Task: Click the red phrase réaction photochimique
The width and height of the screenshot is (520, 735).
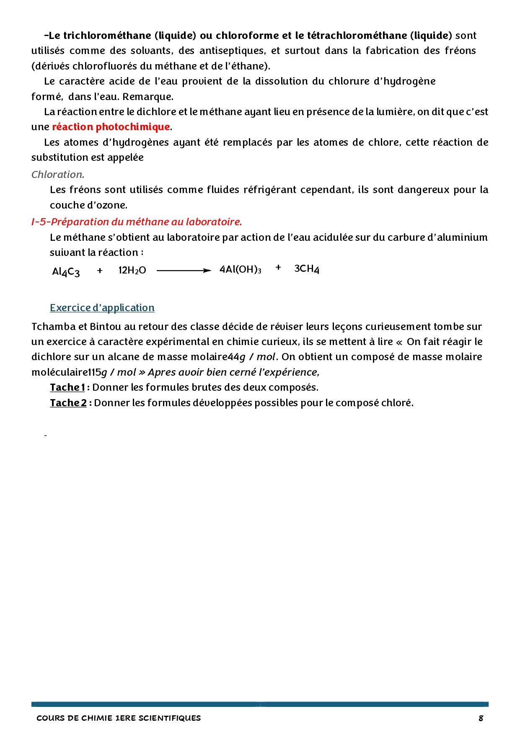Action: pyautogui.click(x=111, y=127)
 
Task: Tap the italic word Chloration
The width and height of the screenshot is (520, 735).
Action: pyautogui.click(x=58, y=175)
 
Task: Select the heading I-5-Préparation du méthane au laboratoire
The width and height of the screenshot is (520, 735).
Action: pyautogui.click(x=137, y=222)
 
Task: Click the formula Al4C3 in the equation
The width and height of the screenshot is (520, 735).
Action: pyautogui.click(x=66, y=272)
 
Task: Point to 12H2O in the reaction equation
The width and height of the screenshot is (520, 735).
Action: pyautogui.click(x=132, y=271)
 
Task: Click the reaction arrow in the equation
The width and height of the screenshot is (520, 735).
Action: pyautogui.click(x=184, y=271)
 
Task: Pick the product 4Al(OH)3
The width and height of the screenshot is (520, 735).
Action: pyautogui.click(x=241, y=269)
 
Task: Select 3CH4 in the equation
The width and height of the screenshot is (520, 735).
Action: pyautogui.click(x=307, y=269)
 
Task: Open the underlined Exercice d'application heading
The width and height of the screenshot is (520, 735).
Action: pyautogui.click(x=102, y=308)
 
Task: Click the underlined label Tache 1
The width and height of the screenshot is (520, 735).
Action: pyautogui.click(x=67, y=387)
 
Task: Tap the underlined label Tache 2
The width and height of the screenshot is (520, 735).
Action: pyautogui.click(x=68, y=403)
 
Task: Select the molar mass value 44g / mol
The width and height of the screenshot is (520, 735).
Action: pyautogui.click(x=251, y=357)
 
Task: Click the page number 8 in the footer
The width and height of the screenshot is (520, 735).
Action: pyautogui.click(x=481, y=718)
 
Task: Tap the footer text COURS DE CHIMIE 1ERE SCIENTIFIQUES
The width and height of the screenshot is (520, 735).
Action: pyautogui.click(x=119, y=718)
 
